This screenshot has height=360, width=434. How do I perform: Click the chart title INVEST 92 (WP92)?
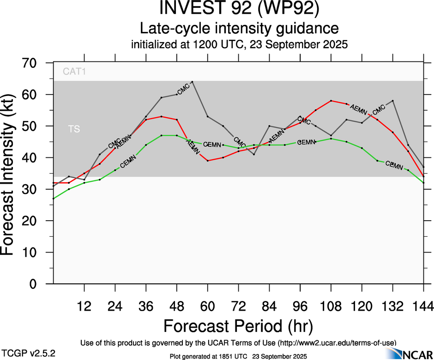click(x=239, y=9)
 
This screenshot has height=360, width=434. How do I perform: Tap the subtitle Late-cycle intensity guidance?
click(x=239, y=28)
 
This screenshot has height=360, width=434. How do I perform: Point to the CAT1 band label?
click(x=75, y=72)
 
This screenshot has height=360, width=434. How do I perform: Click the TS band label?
click(x=74, y=129)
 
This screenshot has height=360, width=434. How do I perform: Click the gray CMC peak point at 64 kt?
click(x=192, y=82)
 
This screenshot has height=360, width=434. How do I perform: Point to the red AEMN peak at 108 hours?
click(x=331, y=101)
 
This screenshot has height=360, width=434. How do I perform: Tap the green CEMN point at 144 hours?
click(x=424, y=183)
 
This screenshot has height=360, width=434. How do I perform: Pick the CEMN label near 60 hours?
click(x=212, y=144)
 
